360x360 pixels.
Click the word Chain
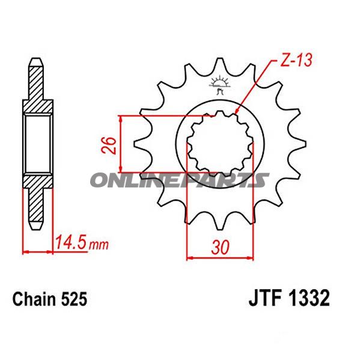tap(34, 299)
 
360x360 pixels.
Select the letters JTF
tap(265, 299)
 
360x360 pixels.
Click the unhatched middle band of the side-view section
tap(36, 144)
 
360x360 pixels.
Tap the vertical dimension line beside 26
tap(122, 144)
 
